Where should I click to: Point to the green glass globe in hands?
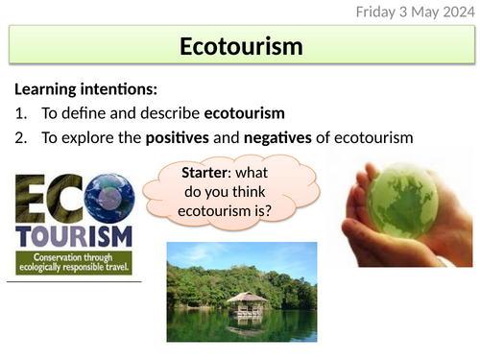point(397,201)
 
